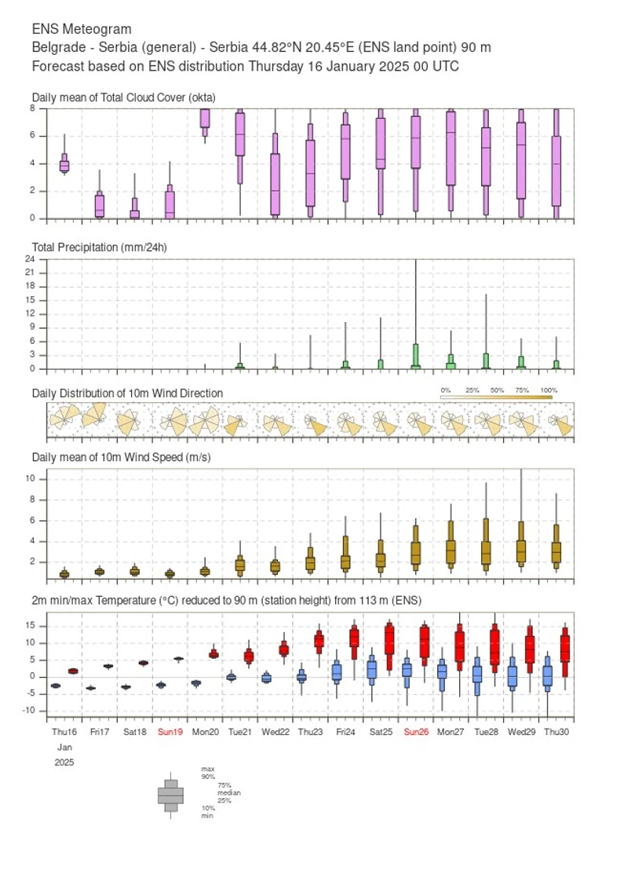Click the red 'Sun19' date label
(170, 731)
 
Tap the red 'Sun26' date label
(416, 731)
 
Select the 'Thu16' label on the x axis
(64, 731)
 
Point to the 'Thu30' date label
(556, 731)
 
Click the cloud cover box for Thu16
(64, 165)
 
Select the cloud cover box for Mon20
(205, 118)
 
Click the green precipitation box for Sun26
(415, 357)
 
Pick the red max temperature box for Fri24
(354, 638)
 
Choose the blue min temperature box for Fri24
(337, 672)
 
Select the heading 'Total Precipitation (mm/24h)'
(100, 247)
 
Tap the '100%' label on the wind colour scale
(548, 390)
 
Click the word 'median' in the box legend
(228, 793)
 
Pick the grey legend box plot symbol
(170, 795)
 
